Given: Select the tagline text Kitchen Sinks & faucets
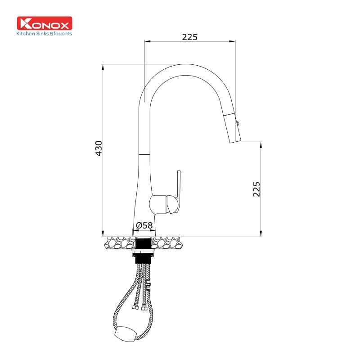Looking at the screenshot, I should [44, 34].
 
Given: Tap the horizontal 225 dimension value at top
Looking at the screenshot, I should [189, 37].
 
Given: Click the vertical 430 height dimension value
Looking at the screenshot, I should [99, 148].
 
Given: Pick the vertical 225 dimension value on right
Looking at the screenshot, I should [256, 189].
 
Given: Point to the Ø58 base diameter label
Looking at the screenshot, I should [144, 225].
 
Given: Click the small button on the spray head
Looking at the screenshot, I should [238, 121].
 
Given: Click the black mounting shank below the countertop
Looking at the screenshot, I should [144, 243].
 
